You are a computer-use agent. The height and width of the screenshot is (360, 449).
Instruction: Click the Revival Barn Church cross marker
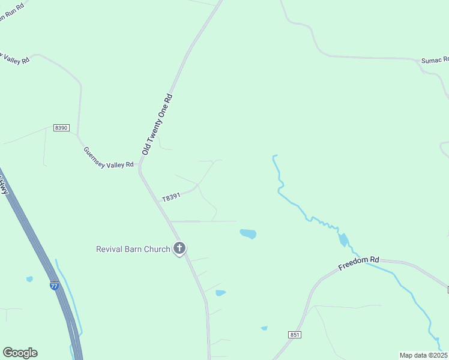pos(179,248)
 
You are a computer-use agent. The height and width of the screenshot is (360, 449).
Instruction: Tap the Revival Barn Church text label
pos(133,249)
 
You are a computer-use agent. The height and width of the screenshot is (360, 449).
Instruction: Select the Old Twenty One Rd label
pos(157,124)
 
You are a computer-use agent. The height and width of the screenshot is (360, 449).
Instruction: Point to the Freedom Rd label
pos(359,263)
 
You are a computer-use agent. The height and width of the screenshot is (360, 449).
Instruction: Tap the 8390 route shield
pos(61,128)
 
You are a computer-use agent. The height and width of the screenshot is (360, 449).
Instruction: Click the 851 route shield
pos(294,334)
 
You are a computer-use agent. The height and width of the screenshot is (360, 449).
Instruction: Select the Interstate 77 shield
pos(55,286)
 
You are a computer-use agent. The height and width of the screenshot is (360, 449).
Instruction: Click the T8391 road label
pos(171,197)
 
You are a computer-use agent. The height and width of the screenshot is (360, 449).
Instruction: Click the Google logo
pos(20,352)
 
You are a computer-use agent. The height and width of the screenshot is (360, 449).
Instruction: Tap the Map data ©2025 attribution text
pos(424,355)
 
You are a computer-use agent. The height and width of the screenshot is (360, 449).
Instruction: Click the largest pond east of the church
pos(248,234)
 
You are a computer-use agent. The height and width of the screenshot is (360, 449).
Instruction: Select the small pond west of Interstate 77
pos(29,279)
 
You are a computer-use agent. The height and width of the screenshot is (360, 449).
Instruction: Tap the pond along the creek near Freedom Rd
pos(343,240)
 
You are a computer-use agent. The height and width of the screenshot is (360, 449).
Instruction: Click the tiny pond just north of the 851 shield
pos(264,328)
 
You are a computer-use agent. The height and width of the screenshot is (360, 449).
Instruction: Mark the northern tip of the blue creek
pos(274,156)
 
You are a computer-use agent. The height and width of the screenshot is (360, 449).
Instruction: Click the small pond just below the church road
pos(220,293)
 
